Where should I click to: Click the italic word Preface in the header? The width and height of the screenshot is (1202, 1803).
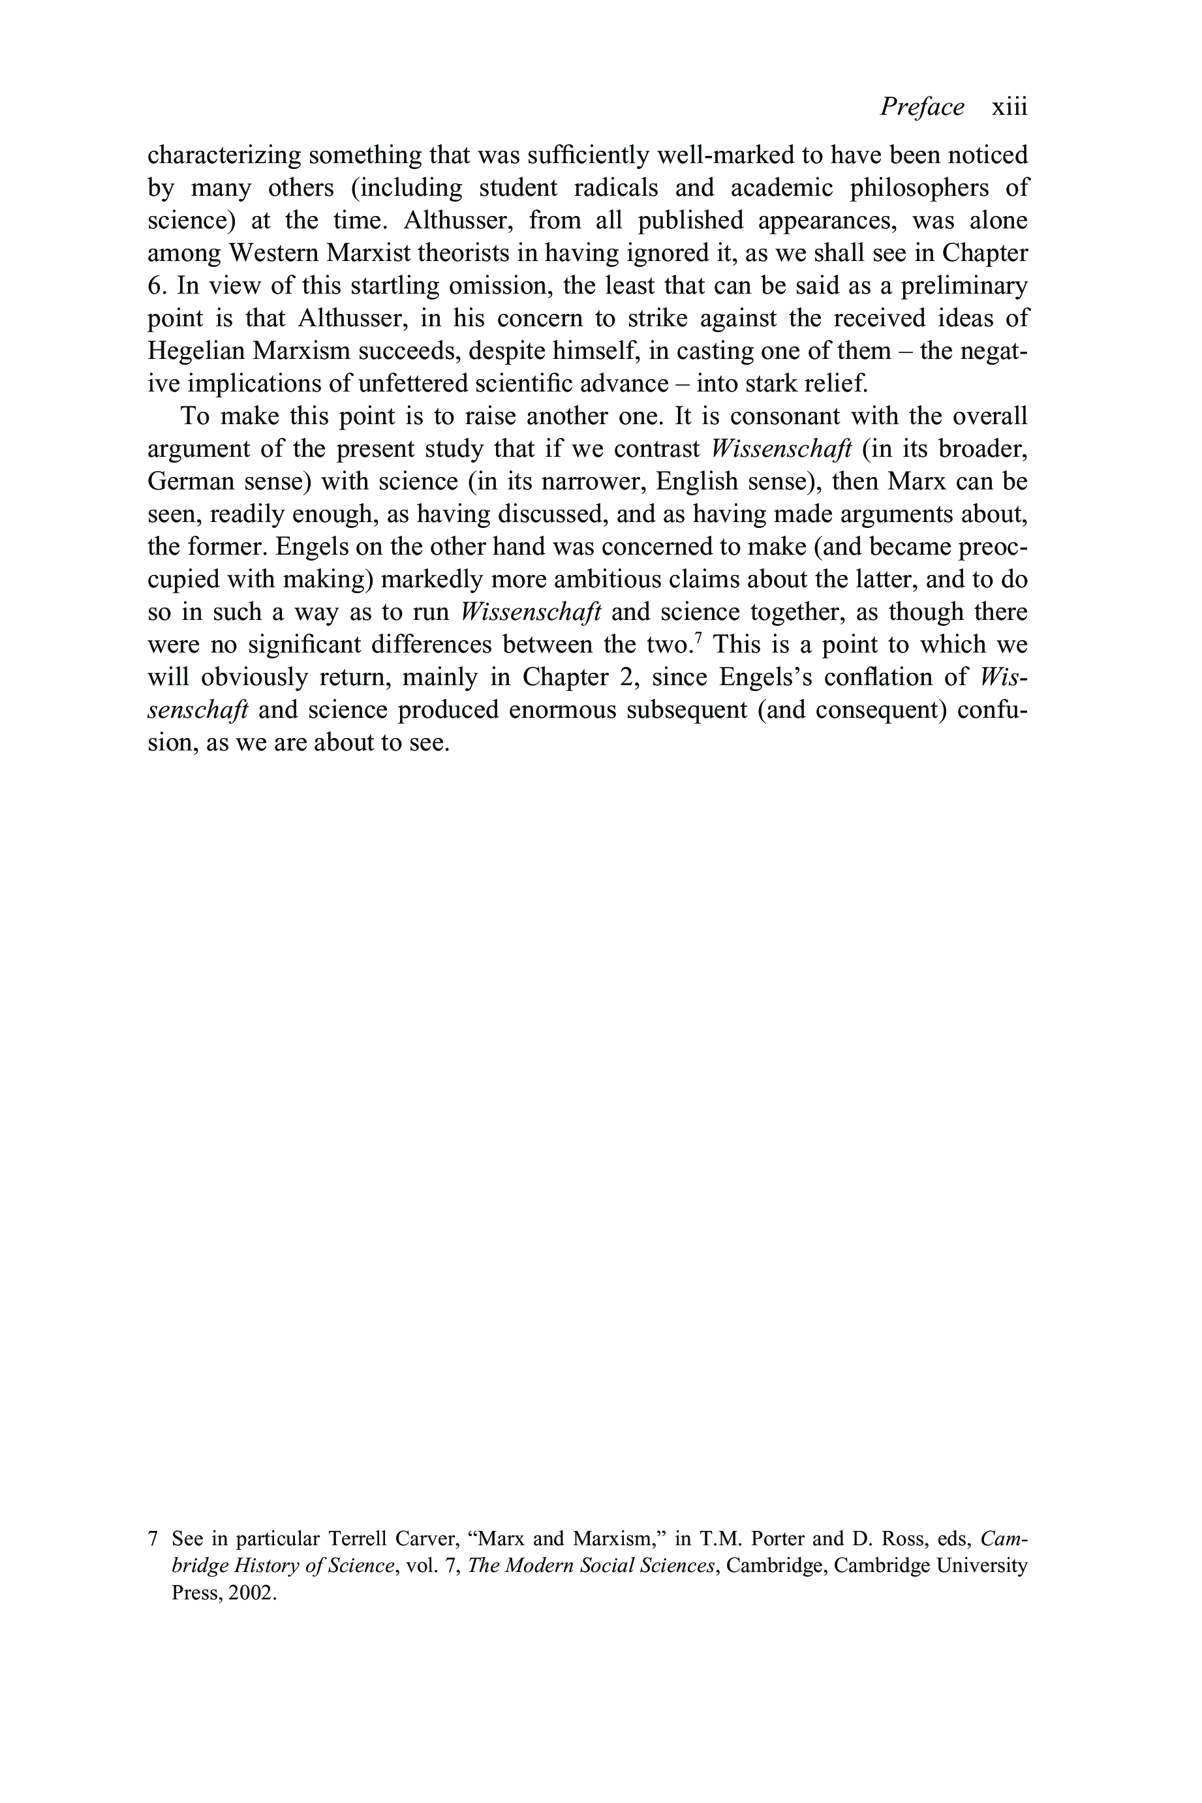(921, 106)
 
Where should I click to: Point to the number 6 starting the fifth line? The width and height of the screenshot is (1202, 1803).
(155, 286)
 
